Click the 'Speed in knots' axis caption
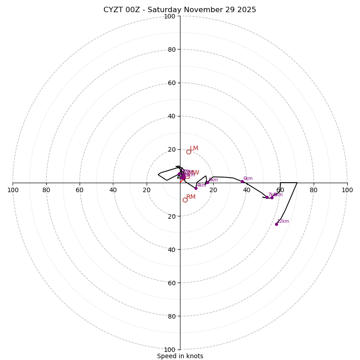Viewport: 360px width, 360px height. [x=180, y=356]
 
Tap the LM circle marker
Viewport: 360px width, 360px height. [x=189, y=152]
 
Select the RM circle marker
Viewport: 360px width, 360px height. [x=185, y=200]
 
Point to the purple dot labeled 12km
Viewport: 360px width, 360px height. [x=276, y=224]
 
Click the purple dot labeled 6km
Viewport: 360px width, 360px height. [x=242, y=181]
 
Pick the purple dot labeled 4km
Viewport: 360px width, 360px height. [x=196, y=188]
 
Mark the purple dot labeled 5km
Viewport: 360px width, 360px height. [x=207, y=182]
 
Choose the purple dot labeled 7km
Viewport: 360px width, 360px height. [x=267, y=197]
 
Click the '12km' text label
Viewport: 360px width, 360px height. [x=283, y=221]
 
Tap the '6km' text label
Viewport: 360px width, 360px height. [x=248, y=178]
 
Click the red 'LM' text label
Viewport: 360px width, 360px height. [x=194, y=148]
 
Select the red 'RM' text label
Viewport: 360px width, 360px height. [x=191, y=197]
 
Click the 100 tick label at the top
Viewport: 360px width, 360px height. [x=169, y=16]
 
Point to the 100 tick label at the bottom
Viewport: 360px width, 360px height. [x=169, y=349]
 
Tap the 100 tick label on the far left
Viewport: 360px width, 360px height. [x=13, y=190]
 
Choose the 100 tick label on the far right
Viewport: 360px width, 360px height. [x=347, y=190]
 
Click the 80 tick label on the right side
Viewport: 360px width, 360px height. [x=314, y=190]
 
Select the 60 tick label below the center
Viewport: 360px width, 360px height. [x=171, y=283]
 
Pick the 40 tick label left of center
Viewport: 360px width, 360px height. [x=113, y=190]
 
